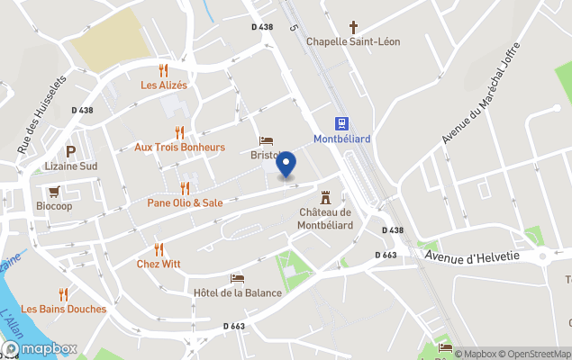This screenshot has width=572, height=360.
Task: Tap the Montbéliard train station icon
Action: pos(342,123)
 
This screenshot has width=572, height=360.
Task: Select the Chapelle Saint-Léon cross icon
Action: pos(353,27)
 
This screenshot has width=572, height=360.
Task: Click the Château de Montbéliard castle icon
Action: pos(324,195)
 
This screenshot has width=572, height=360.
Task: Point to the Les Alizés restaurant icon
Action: pos(164,70)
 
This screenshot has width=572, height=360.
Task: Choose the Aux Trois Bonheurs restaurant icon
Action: pos(179,132)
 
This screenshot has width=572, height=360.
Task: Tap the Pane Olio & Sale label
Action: pos(185,202)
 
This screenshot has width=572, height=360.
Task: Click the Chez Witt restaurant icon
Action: pos(159,249)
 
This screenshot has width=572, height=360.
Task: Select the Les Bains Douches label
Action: pos(63,309)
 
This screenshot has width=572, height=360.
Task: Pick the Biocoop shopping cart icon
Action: pos(54,191)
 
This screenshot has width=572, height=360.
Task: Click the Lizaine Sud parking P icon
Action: pos(70,151)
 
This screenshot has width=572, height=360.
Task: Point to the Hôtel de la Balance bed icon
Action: pos(237,278)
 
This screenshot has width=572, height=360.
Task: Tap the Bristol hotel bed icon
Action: pos(266,140)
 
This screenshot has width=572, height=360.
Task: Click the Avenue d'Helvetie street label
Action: pos(472,256)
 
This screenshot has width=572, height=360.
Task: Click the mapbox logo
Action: pos(40,348)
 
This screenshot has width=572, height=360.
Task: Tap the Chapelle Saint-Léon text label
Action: pos(353,41)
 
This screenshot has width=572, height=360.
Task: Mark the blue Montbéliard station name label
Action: pos(341,138)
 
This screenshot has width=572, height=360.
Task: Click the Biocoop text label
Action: pos(54,205)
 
